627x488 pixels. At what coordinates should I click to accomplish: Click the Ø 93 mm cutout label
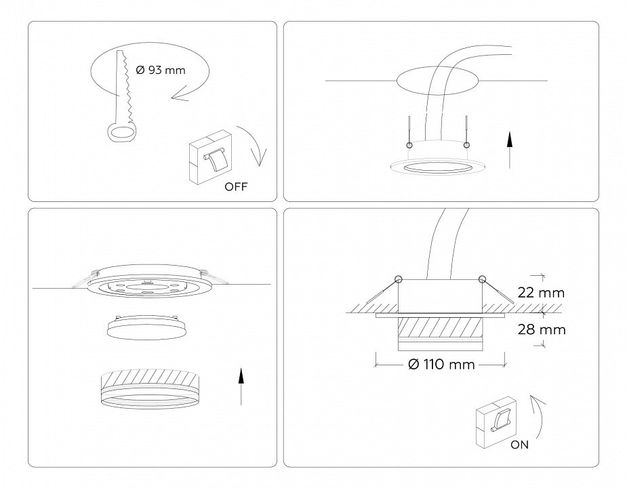point(161,70)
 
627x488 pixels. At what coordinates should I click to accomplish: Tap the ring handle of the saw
point(121,132)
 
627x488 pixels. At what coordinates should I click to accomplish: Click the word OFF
point(236,187)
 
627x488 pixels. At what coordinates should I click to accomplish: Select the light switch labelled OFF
point(210,158)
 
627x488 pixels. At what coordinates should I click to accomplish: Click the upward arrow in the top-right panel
point(510,149)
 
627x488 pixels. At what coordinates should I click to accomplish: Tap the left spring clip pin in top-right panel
point(409,132)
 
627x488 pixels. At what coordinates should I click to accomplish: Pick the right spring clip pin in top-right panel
point(466,132)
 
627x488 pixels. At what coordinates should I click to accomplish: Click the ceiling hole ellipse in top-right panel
point(437,81)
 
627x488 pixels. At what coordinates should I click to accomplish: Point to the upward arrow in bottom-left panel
point(241,386)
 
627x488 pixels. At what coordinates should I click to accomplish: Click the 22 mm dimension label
point(541,293)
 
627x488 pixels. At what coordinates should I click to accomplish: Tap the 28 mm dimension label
point(542,329)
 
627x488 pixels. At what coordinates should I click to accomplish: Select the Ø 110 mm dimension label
point(441,365)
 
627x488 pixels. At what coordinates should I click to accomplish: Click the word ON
point(519,445)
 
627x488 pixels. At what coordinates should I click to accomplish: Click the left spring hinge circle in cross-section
point(398,279)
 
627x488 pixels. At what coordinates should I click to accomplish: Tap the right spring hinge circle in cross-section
point(482,279)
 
